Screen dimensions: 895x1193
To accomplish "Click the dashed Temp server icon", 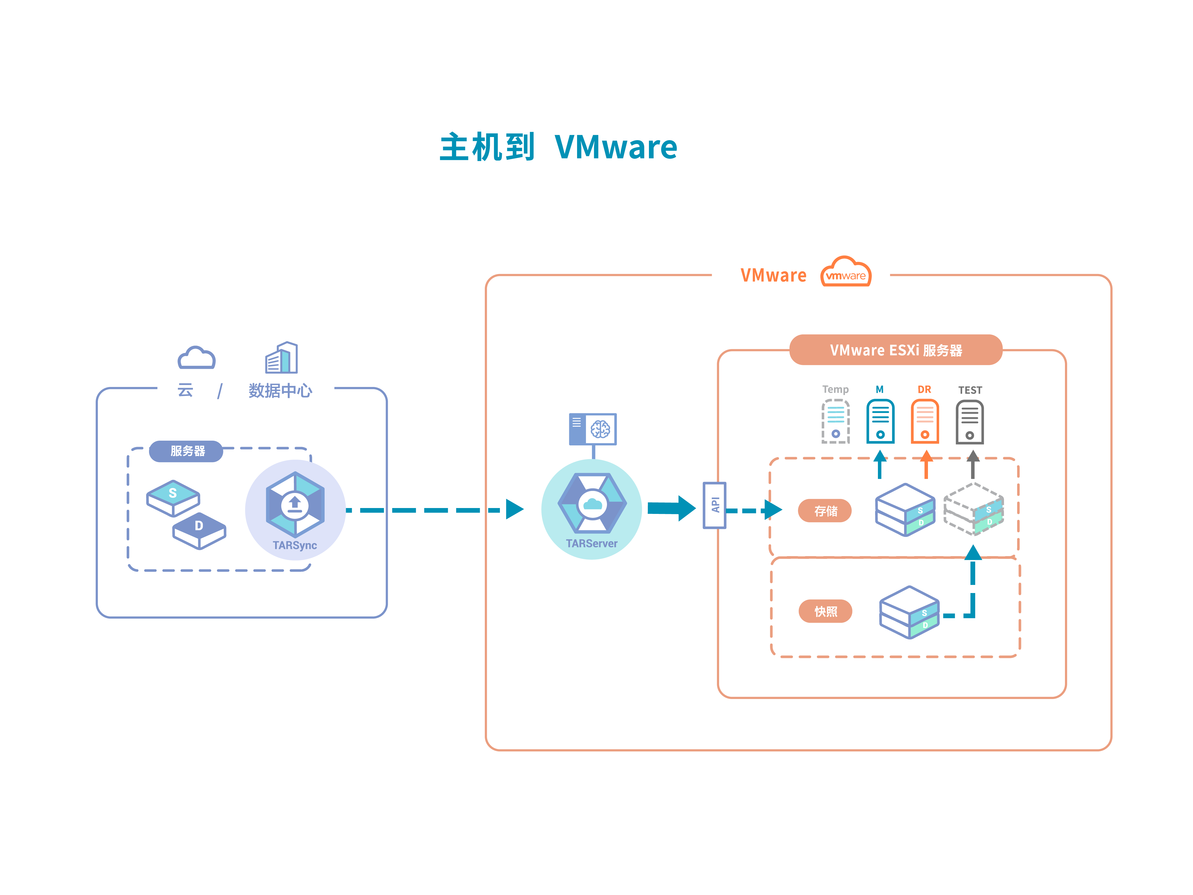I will (x=835, y=421).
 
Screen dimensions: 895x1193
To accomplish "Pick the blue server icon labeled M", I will (x=880, y=421).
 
